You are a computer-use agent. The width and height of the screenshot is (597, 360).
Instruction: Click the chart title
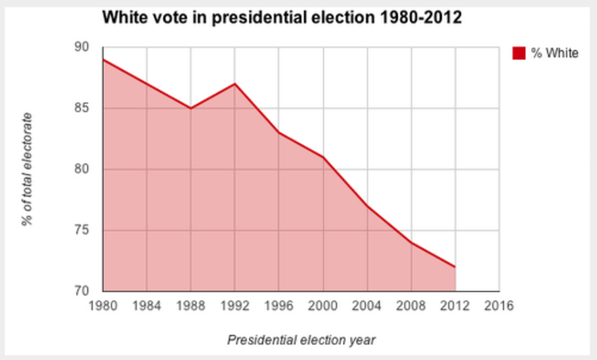pos(280,17)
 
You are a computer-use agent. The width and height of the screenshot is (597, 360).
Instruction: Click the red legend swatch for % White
pos(519,53)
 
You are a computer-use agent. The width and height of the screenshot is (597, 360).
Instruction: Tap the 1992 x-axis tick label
pos(235,306)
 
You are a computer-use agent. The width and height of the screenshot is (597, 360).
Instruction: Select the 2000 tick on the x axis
pos(323,306)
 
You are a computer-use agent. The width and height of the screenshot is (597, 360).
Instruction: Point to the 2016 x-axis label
pos(499,306)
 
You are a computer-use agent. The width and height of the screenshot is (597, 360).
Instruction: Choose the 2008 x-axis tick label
pos(411,306)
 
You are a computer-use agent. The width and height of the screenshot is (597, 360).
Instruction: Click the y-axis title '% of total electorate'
pos(29,169)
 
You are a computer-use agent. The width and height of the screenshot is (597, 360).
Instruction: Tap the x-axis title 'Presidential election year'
pos(301,340)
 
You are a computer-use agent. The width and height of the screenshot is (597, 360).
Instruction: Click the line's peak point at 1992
pos(235,84)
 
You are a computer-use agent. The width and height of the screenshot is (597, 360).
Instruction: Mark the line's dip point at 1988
pos(191,108)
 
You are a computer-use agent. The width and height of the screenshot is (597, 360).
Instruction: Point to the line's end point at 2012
pos(455,267)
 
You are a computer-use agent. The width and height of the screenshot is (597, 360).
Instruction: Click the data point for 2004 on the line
pos(367,205)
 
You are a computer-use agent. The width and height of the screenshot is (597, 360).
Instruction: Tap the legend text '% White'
pos(555,53)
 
